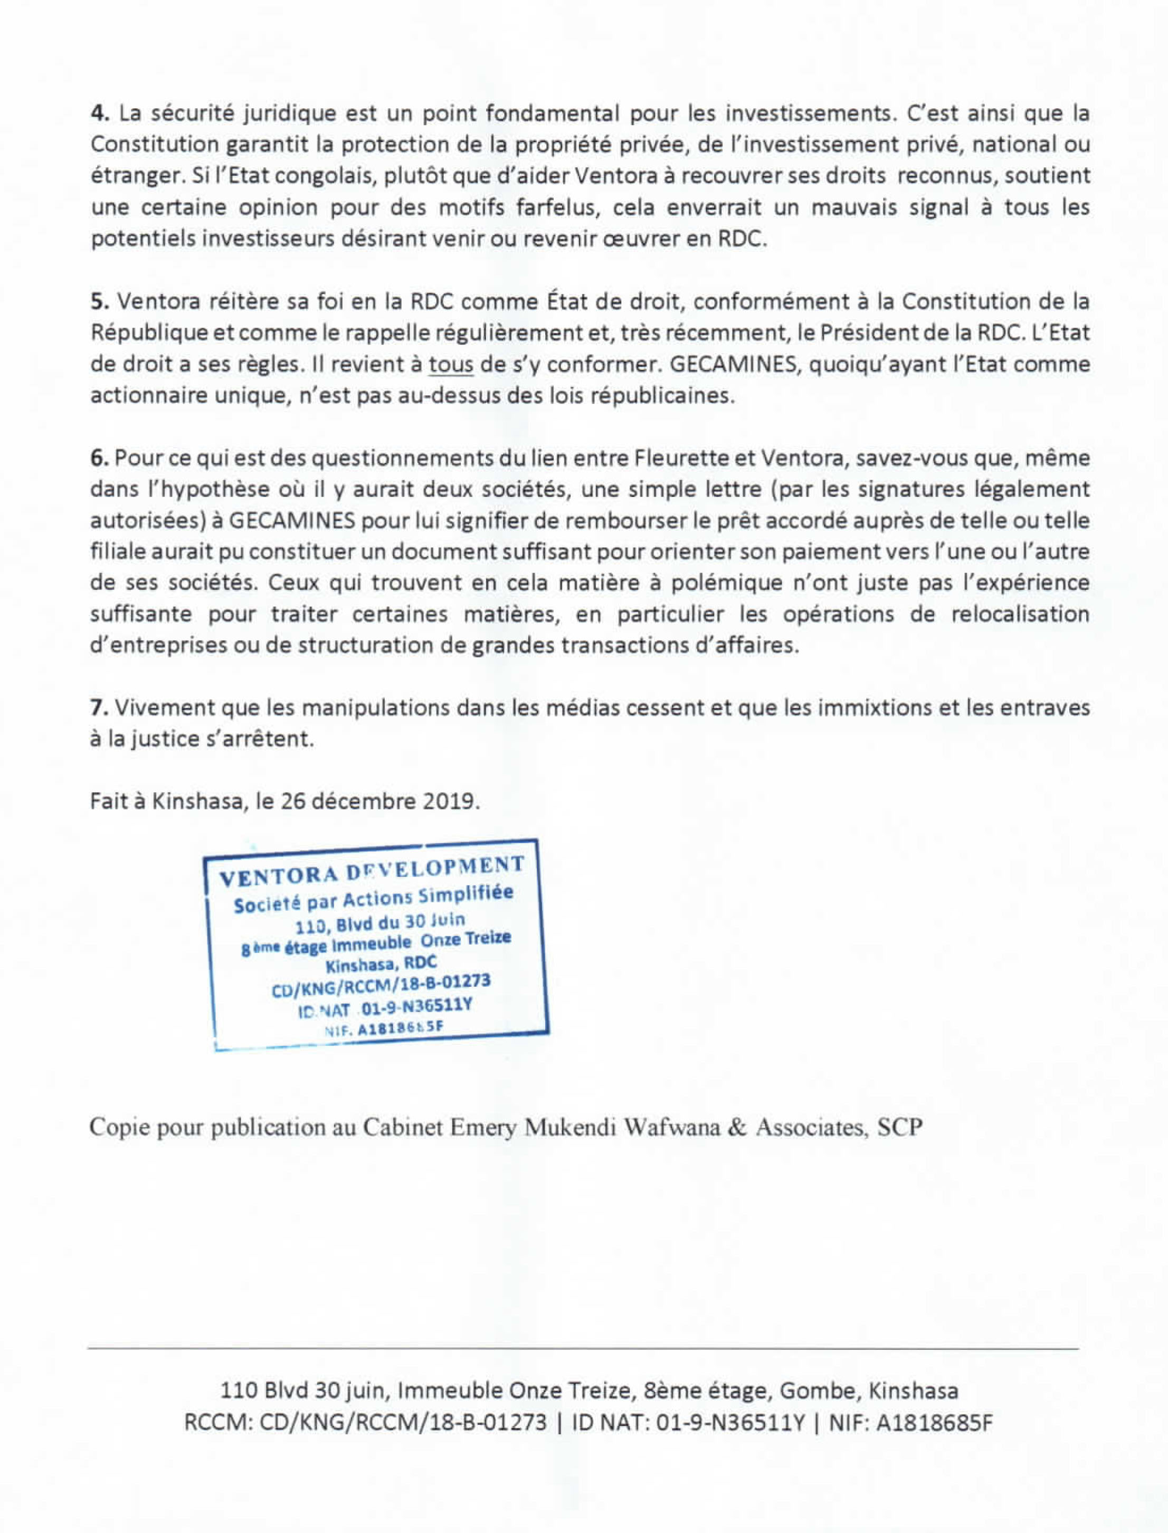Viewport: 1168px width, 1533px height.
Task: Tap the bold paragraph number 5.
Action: (98, 302)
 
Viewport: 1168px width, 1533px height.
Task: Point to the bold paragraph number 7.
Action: (98, 708)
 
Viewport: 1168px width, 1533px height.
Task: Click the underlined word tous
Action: (451, 364)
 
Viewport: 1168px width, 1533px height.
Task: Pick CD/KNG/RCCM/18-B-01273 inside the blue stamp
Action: (381, 986)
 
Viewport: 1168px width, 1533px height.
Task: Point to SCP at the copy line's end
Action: (900, 1127)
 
